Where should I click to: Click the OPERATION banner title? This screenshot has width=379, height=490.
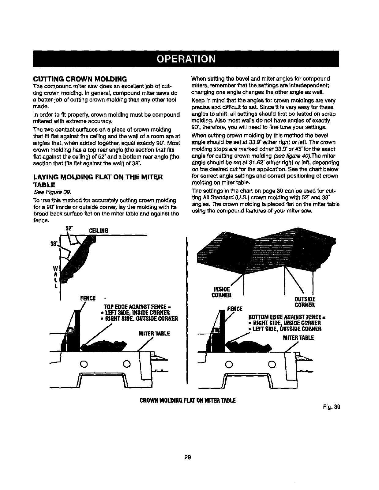point(189,58)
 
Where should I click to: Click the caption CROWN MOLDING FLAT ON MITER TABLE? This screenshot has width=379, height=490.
point(188,400)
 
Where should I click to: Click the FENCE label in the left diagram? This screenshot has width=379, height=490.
point(88,298)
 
